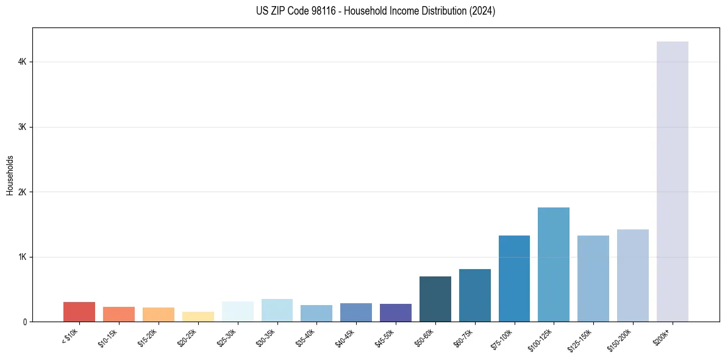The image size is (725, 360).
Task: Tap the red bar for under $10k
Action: click(79, 312)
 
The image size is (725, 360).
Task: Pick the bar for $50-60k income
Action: click(435, 299)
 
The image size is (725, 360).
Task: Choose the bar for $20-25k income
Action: click(198, 317)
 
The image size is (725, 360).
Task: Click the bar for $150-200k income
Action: click(632, 275)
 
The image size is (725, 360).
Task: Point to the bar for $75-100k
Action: click(514, 278)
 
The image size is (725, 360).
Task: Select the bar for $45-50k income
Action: click(396, 312)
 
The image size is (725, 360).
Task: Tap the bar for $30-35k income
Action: click(277, 310)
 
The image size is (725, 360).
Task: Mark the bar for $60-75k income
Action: click(474, 295)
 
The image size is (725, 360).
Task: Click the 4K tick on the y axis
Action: click(22, 62)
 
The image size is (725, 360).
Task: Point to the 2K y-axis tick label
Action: click(22, 192)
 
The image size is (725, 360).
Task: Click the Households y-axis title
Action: click(10, 175)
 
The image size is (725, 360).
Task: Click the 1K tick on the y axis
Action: click(22, 257)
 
